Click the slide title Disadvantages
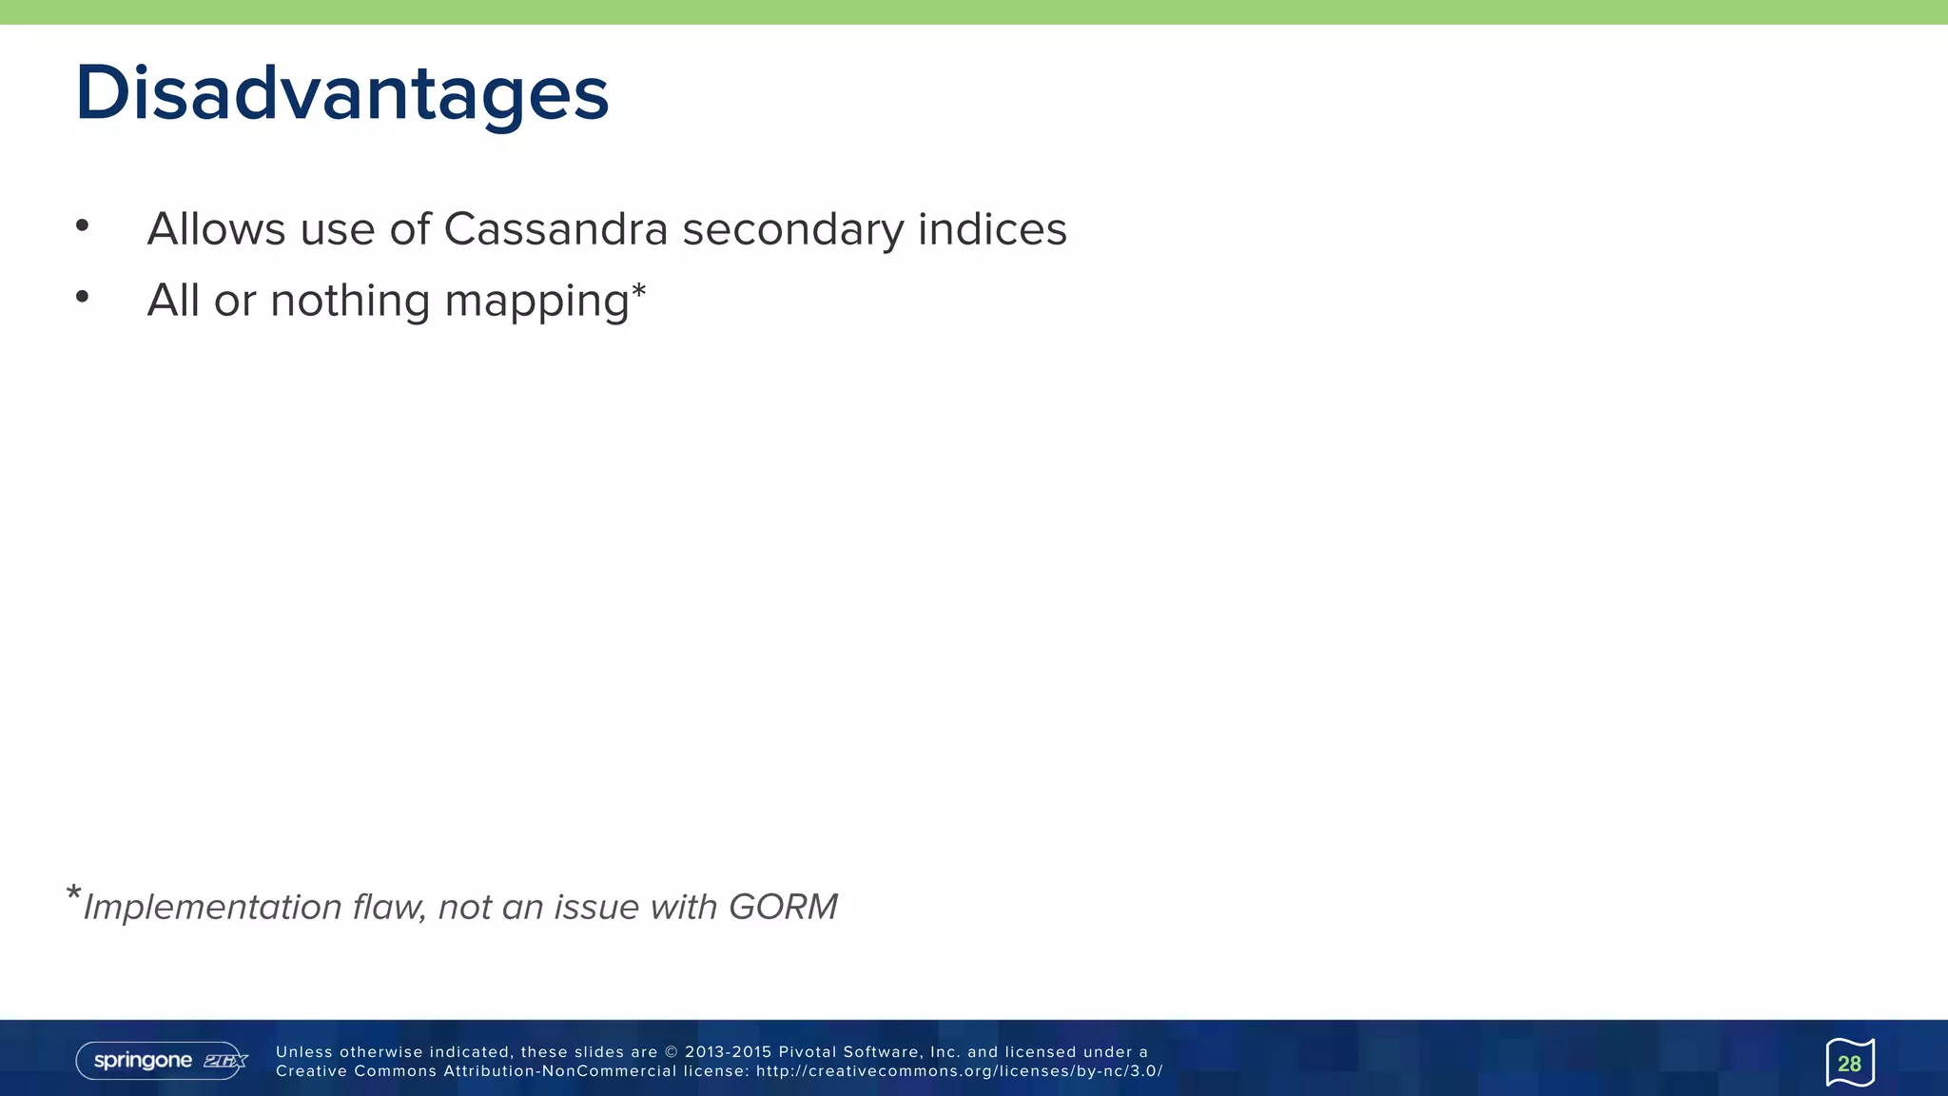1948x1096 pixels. point(341,93)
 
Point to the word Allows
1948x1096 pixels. point(216,229)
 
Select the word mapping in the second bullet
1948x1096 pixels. point(536,303)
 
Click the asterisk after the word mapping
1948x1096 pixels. point(639,289)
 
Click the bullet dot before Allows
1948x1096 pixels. point(83,225)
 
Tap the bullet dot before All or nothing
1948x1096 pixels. point(83,297)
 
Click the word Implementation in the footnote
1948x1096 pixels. point(212,908)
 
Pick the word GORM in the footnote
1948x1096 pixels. point(783,907)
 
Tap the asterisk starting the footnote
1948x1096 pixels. point(73,894)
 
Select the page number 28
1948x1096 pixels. point(1849,1064)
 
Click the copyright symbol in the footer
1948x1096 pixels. point(672,1052)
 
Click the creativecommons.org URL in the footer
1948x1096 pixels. point(959,1071)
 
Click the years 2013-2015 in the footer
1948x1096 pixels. point(728,1052)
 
